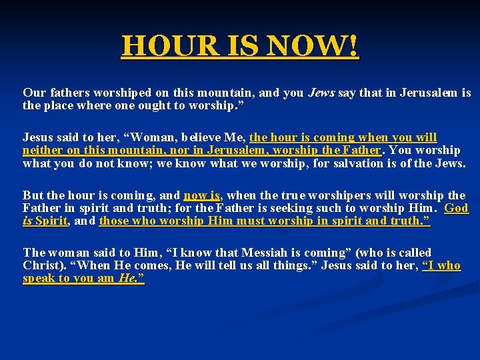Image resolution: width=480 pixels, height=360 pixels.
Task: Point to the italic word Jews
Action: pos(321,93)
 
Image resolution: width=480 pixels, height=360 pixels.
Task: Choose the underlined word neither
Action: pos(42,150)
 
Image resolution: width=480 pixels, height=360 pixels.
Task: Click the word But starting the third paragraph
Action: pos(32,195)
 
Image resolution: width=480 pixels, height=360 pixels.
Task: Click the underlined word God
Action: pos(456,208)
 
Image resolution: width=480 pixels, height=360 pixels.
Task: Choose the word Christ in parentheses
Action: pos(41,265)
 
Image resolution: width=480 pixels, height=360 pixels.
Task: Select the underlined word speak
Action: pos(39,278)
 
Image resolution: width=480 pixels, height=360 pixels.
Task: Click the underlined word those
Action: pos(115,221)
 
